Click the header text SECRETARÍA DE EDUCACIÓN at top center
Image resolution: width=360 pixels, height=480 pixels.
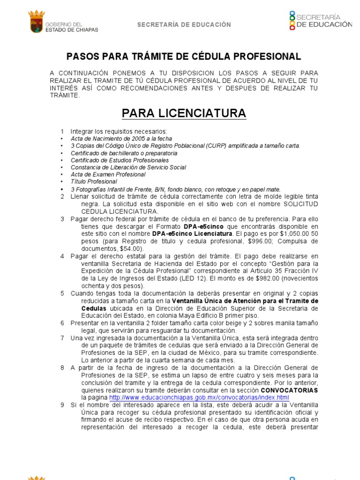click(184, 25)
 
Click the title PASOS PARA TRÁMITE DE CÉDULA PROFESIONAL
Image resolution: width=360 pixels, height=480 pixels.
click(183, 57)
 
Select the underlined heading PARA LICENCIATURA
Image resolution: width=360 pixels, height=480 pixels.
click(184, 113)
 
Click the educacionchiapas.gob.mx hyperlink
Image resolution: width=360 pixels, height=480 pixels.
click(198, 397)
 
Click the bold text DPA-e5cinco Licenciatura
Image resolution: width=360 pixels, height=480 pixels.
click(191, 233)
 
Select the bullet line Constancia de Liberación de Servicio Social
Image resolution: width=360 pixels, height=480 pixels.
click(128, 167)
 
